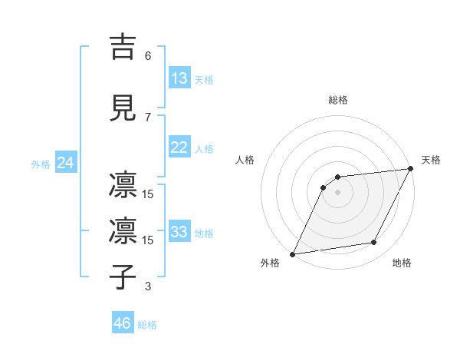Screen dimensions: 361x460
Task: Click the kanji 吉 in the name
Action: click(x=125, y=47)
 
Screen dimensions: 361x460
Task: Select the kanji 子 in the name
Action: click(x=125, y=277)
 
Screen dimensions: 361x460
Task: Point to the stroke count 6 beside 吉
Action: click(x=148, y=56)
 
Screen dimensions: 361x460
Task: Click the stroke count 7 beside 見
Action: click(x=148, y=118)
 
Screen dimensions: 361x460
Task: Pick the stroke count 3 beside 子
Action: click(x=148, y=286)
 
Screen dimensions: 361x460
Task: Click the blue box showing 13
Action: click(x=179, y=78)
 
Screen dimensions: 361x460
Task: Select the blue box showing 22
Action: click(x=179, y=147)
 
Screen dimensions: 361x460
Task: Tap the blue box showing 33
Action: click(x=179, y=232)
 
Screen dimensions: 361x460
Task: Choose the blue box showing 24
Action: click(x=65, y=163)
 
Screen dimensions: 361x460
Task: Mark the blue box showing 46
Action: click(x=123, y=323)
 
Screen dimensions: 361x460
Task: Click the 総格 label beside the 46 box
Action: click(x=147, y=325)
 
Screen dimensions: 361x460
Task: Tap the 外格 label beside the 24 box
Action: click(x=41, y=164)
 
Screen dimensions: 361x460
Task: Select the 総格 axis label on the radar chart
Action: click(x=338, y=100)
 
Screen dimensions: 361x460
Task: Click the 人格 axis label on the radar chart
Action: click(x=245, y=160)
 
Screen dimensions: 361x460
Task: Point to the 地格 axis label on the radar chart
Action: click(x=402, y=263)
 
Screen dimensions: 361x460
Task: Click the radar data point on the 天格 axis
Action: click(x=411, y=169)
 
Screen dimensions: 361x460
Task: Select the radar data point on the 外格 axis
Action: click(x=292, y=254)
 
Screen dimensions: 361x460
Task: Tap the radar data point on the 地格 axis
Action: click(x=374, y=243)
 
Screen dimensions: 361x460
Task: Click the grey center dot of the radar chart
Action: click(x=337, y=192)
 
